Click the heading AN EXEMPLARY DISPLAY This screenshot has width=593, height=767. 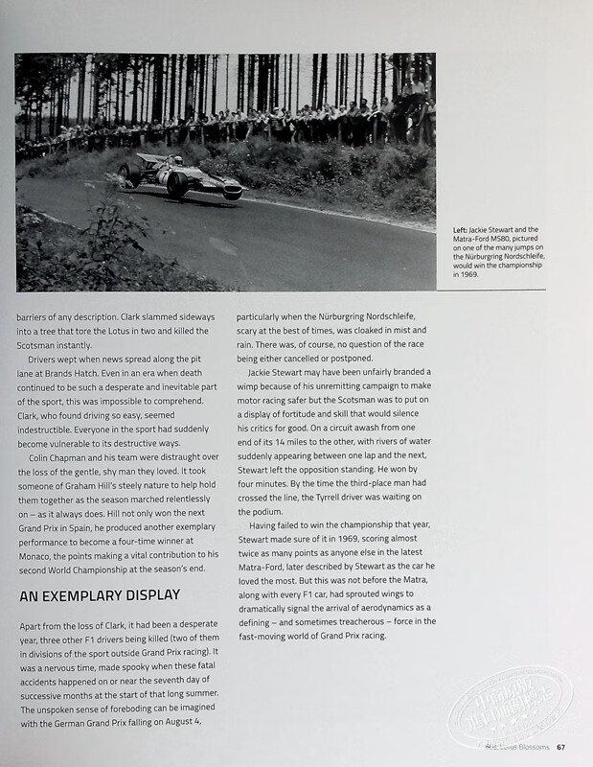[100, 595]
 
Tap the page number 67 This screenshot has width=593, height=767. [560, 748]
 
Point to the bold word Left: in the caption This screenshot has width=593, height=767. [460, 230]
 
